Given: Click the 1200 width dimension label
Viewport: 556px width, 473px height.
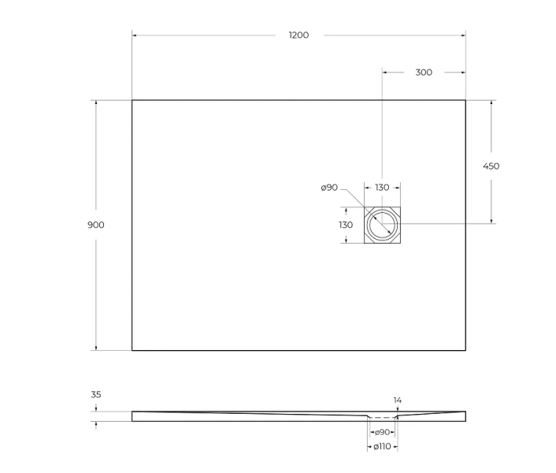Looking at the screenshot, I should (x=298, y=35).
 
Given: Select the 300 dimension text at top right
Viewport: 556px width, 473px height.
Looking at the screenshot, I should (x=423, y=73).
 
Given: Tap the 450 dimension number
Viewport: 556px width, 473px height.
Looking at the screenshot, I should (x=491, y=166).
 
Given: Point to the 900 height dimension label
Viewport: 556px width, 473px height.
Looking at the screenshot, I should (x=96, y=225).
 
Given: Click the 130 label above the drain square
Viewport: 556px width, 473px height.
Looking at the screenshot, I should (x=382, y=188).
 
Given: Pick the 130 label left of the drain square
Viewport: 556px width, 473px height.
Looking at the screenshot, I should (x=346, y=225).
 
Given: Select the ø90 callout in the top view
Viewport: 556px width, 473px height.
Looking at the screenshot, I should (x=329, y=188).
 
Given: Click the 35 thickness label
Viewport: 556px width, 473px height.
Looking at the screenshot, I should (x=96, y=394).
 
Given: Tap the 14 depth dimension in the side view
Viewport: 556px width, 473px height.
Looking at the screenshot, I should (x=398, y=400).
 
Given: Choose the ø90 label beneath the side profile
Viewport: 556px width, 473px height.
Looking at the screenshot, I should (x=383, y=432).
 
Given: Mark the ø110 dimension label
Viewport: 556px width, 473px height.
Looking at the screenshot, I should (x=383, y=447).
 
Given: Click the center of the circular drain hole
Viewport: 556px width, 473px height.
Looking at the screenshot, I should (x=383, y=225).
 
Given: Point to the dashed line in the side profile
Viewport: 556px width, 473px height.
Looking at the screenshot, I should (x=383, y=417).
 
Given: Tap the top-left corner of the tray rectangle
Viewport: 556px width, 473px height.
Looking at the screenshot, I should (x=132, y=100).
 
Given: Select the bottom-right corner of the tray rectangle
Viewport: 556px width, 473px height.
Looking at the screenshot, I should (x=465, y=350).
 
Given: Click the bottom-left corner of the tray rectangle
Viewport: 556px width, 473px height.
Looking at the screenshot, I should (x=132, y=350).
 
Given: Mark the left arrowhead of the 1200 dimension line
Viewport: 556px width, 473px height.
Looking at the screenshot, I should (x=135, y=35).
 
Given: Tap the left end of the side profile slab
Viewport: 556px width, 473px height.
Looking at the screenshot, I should (x=133, y=416).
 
